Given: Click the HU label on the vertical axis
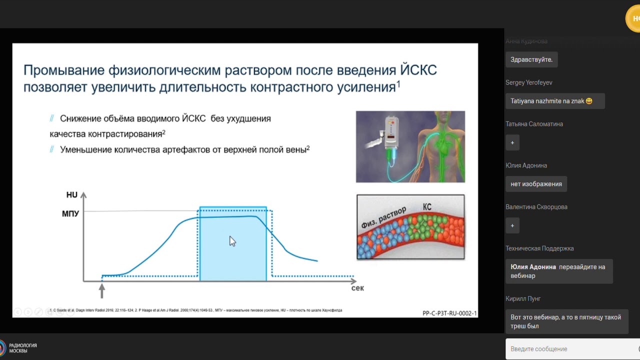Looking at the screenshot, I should point(72,195).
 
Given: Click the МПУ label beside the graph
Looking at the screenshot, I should point(70,214).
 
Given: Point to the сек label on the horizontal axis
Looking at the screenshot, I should point(357,288).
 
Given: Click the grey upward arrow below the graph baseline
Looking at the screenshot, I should point(102,289).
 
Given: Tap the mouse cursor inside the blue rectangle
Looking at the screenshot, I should point(232,241).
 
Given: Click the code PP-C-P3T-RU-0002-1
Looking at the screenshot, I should point(449,313).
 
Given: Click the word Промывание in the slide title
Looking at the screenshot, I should point(63,70).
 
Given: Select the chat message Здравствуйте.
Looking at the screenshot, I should point(531,59).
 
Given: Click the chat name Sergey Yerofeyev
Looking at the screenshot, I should point(529,82).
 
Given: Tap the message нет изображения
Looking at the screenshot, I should point(536,184).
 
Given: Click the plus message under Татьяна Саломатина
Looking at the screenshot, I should point(512,142).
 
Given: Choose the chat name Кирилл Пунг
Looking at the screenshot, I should point(523,298).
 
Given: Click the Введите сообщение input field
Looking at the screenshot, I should point(570,349).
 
